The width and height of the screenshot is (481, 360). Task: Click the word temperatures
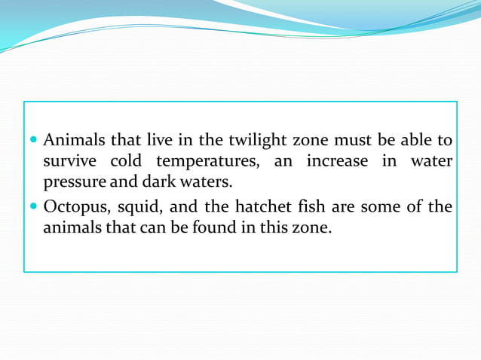[202, 162]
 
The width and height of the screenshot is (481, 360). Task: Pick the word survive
[69, 162]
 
